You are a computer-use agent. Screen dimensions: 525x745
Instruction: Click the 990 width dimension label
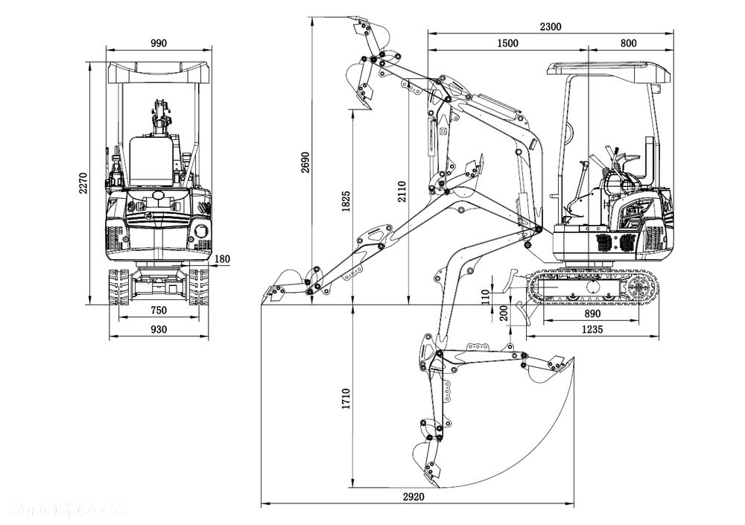[159, 43]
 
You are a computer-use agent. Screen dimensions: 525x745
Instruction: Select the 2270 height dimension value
[83, 182]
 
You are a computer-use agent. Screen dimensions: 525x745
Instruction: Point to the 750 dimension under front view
[159, 310]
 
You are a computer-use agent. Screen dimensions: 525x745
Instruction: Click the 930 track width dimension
[159, 328]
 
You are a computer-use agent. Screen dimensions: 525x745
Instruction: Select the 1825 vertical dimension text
[346, 201]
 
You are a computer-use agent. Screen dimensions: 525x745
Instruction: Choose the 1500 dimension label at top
[507, 43]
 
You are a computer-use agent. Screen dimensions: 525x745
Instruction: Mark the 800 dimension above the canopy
[628, 43]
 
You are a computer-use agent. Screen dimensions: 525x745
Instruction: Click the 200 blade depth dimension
[504, 313]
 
